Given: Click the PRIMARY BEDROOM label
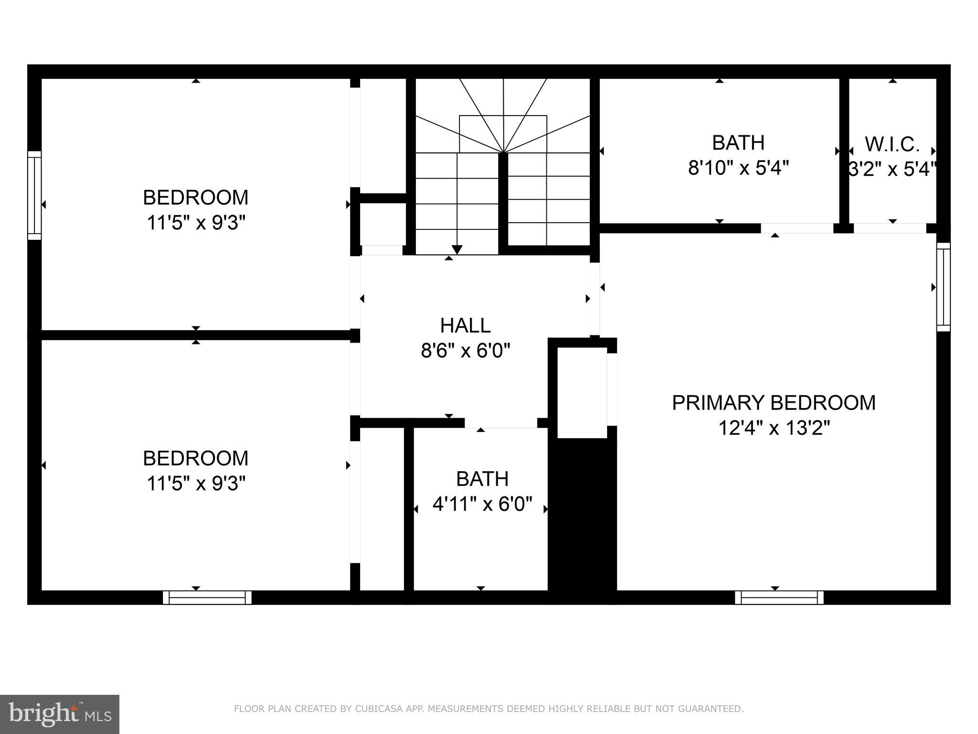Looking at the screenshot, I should [774, 403].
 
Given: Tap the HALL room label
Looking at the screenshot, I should [465, 326].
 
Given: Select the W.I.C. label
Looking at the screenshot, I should [892, 144].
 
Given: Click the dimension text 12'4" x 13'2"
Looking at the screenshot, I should [774, 428].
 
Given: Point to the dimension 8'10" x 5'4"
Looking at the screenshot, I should [738, 168].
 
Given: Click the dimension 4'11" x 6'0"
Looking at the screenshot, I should [482, 504].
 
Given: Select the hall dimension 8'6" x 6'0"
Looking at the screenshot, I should [465, 352].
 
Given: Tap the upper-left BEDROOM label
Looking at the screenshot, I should [196, 197].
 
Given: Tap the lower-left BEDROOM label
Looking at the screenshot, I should [196, 458].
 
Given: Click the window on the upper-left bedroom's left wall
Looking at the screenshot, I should [34, 195].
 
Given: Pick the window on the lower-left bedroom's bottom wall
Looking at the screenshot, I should [207, 598].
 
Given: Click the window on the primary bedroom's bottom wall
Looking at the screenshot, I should [779, 598].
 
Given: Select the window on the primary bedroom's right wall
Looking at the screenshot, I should [943, 287].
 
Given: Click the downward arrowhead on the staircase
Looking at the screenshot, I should [457, 249].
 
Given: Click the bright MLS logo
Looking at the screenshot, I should [59, 714].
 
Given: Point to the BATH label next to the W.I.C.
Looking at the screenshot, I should [738, 143].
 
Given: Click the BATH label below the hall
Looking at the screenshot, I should [482, 479].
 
